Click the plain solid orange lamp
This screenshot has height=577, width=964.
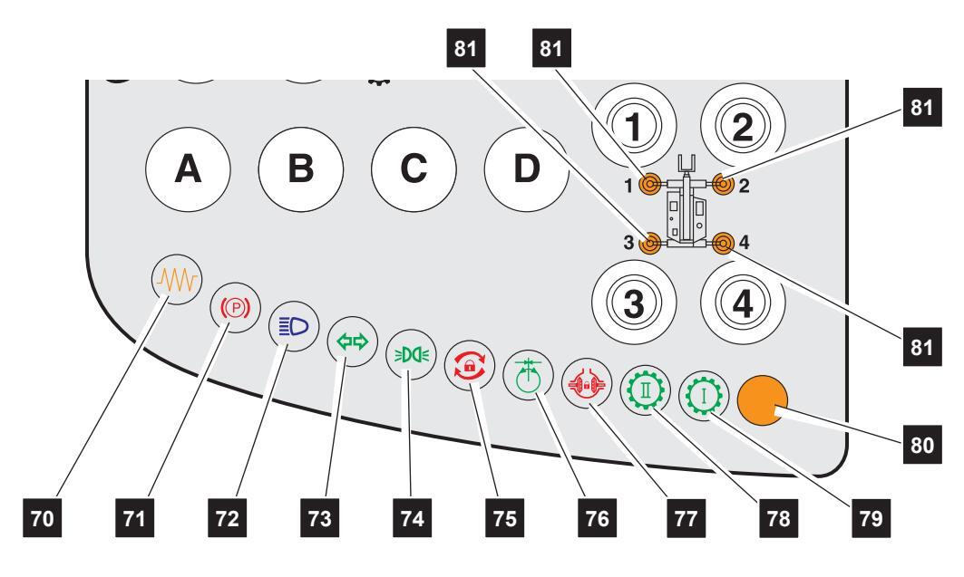763,402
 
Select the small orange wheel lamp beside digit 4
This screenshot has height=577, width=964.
723,243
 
